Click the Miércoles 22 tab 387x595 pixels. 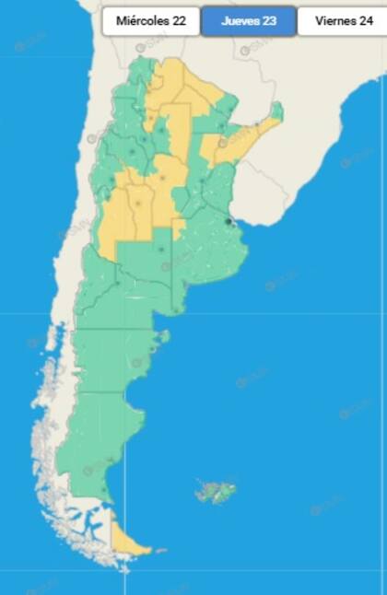point(151,20)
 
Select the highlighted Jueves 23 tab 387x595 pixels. point(249,20)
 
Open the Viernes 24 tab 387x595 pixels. point(342,20)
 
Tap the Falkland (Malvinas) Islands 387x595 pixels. point(216,491)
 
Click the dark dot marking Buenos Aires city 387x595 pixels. point(229,221)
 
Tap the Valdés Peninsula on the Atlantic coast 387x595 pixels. point(164,337)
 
